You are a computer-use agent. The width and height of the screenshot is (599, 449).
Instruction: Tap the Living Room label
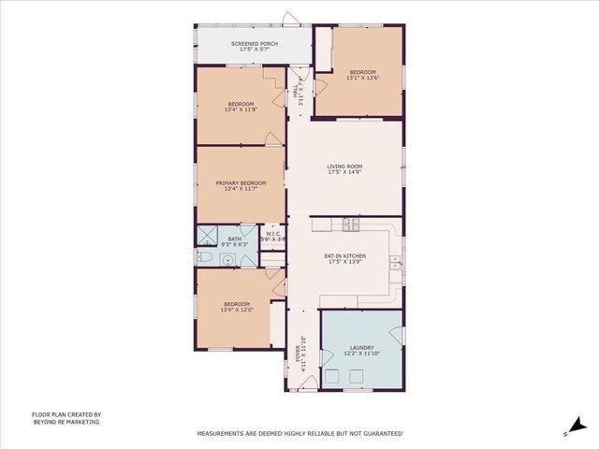[345, 167]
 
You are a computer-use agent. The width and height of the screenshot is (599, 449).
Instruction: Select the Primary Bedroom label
[241, 182]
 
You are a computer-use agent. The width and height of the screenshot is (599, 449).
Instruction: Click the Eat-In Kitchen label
[345, 256]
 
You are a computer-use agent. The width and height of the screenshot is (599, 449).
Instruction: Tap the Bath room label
[234, 239]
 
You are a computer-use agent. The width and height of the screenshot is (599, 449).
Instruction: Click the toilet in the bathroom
[204, 256]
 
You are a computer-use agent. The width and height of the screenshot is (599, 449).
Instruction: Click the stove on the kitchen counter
[351, 224]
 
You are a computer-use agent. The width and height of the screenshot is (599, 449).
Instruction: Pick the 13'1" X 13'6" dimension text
[363, 79]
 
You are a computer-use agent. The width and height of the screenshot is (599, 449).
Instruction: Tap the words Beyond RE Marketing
[66, 422]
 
